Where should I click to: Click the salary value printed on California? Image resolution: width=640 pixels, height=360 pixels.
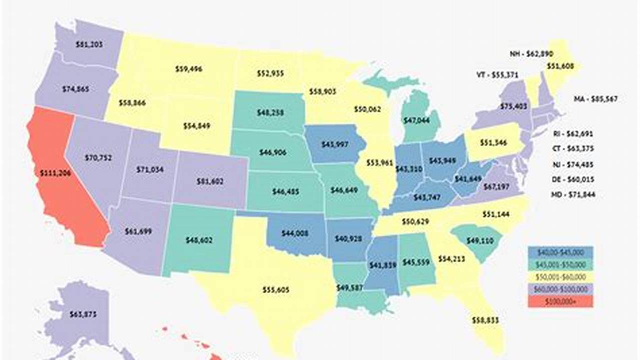(x=56, y=173)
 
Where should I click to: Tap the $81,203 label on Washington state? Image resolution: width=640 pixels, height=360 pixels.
(x=89, y=44)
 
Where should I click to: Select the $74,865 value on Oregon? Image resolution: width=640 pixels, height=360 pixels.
(x=76, y=89)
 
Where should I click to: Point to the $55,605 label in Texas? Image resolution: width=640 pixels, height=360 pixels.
(x=276, y=289)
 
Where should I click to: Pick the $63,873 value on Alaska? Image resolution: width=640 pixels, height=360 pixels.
(x=83, y=314)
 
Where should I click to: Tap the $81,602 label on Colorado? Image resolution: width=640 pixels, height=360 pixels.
(x=210, y=181)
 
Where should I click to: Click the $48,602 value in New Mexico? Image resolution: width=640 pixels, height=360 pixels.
(x=199, y=240)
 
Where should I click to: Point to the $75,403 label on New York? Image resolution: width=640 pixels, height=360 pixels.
(x=512, y=106)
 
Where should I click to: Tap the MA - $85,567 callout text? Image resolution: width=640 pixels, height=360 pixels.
(x=595, y=99)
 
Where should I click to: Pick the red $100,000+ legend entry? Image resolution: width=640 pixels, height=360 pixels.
(x=560, y=301)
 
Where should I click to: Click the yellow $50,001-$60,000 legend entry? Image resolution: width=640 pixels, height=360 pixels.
(x=560, y=276)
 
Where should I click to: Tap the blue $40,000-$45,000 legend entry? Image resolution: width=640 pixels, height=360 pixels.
(x=560, y=252)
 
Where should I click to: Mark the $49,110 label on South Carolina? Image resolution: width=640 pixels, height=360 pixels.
(x=476, y=240)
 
